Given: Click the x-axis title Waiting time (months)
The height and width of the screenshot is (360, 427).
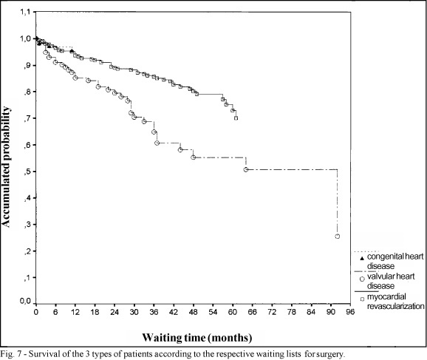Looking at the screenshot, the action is tap(197, 338).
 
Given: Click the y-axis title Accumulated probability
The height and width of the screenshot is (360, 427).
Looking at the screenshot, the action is tap(6, 167).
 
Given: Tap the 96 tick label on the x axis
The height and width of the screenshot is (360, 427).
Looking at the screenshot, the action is tap(350, 312).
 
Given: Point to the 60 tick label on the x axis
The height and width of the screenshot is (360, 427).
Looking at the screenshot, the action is tap(233, 312).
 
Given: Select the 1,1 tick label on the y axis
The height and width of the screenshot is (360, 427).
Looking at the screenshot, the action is tap(26, 12).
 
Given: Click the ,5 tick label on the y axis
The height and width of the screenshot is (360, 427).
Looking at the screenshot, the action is tap(27, 171).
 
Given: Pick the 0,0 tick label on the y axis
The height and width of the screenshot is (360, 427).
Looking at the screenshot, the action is tap(26, 301).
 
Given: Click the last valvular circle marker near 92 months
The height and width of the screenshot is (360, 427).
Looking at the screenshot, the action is tap(337, 237).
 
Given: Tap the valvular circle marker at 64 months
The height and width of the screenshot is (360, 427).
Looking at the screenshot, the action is tap(245, 169).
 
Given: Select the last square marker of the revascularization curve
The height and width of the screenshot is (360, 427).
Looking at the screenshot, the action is tap(236, 118).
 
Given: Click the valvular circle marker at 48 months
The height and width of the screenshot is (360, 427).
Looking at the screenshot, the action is tap(193, 157).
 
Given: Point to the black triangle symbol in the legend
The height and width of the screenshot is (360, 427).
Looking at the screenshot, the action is tap(362, 258).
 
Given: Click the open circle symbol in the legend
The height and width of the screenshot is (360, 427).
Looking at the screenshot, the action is tap(362, 279).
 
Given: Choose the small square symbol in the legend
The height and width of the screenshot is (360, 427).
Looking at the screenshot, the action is tap(362, 299).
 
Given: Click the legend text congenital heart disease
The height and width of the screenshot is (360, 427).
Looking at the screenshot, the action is tap(395, 261).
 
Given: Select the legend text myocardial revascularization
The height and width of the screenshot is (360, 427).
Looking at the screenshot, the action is tap(395, 301).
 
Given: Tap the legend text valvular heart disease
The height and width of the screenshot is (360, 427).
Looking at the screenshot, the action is tap(391, 281).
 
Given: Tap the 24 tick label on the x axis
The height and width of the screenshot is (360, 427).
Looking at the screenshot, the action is tap(115, 312).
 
